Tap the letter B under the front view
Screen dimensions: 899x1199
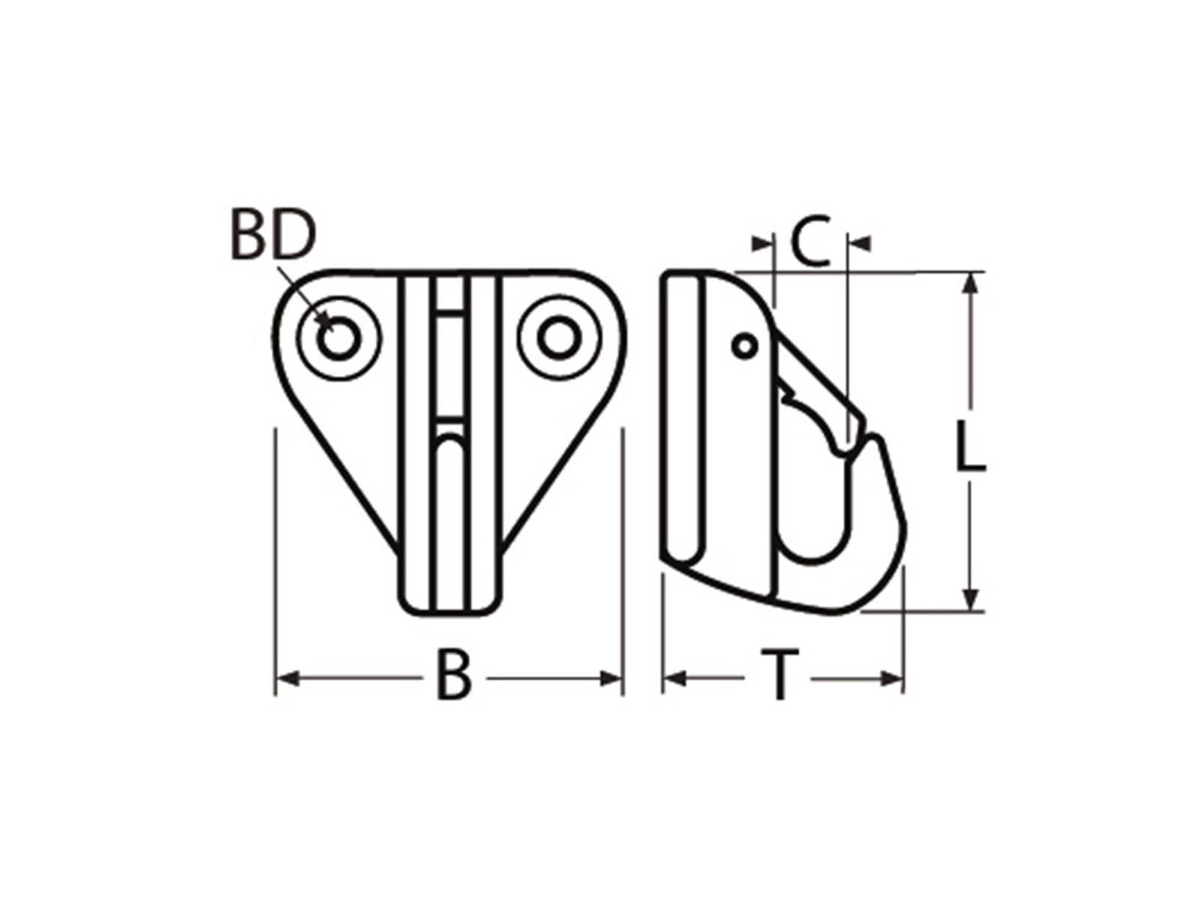coord(454,676)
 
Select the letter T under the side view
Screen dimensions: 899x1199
coord(780,676)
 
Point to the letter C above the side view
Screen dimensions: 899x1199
coord(811,242)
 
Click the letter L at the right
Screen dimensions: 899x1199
coord(971,448)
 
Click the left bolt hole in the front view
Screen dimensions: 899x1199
coord(339,339)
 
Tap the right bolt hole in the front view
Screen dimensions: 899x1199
coord(558,338)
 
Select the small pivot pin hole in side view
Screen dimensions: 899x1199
coord(744,346)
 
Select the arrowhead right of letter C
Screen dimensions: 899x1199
coord(859,243)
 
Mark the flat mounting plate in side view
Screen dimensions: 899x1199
coord(683,420)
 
